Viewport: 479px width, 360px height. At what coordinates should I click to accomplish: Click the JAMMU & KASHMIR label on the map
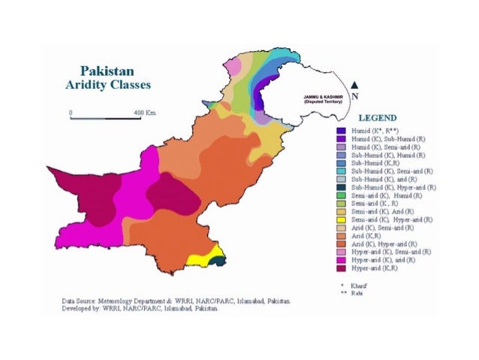point(324,98)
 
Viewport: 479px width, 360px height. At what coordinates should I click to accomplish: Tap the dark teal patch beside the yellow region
point(219,261)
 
